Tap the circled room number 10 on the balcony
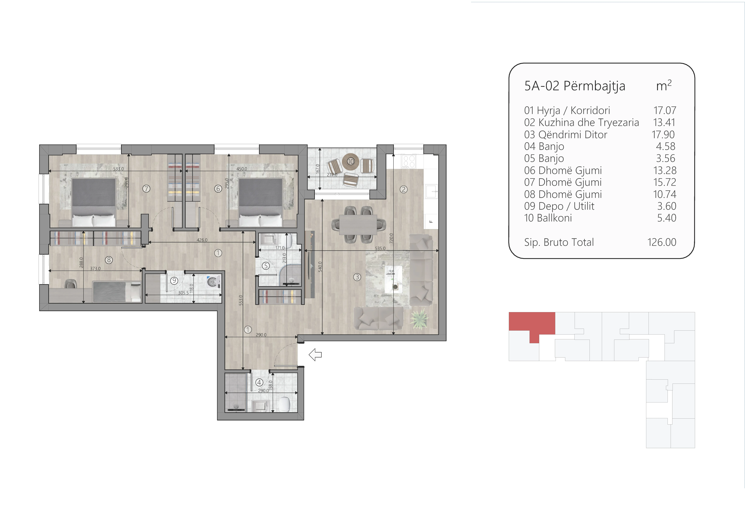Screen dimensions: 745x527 351,161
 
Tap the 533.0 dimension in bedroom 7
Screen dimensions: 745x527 118,169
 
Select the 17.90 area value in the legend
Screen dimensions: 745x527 663,134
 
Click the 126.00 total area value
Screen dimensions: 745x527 662,242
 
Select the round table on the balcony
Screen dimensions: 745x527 351,161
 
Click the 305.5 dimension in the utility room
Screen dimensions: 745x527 183,293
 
